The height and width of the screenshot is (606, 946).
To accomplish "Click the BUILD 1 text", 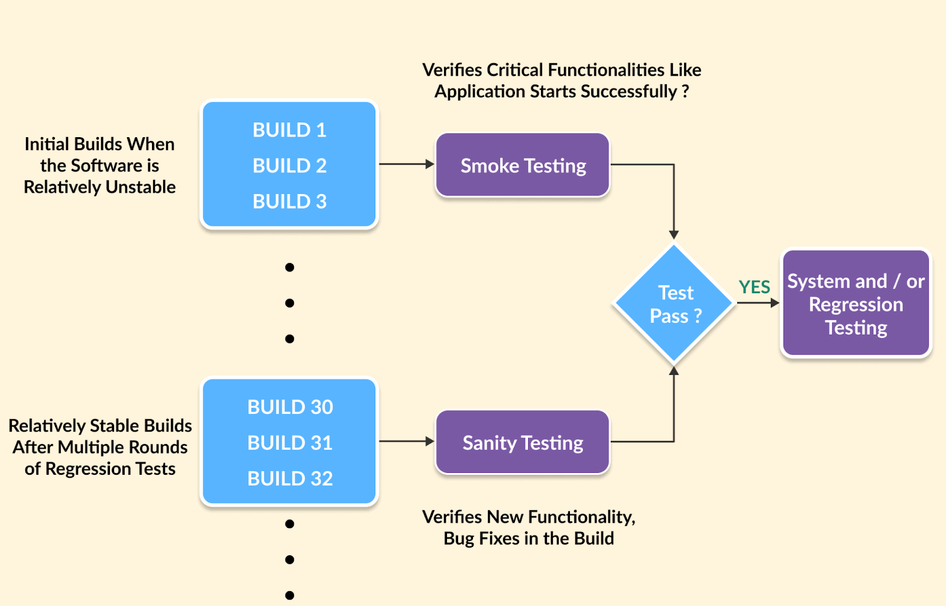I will coord(289,130).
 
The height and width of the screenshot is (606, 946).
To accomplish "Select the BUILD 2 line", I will coord(289,166).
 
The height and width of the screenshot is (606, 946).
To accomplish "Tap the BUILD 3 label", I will coord(289,202).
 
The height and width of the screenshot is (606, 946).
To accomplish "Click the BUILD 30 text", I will coord(290,407).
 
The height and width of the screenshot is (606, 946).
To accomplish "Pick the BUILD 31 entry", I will coord(290,443).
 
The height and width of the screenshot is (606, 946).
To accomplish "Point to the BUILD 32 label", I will coord(290,478).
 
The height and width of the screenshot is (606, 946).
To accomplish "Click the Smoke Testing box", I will coord(523,166).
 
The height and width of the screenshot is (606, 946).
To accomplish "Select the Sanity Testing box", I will coord(523,443).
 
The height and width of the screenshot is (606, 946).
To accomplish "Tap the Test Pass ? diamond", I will coord(674,304).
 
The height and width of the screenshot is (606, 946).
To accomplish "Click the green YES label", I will coord(754,287).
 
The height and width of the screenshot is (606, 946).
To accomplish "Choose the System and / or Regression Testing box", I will coord(856,304).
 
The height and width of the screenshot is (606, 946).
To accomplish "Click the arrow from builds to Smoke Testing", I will coord(406,164).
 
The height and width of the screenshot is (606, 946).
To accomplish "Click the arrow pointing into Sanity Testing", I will coord(406,441).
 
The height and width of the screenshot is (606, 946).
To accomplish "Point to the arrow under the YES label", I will coord(758,303).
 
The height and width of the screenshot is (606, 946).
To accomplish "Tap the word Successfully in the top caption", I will coord(628,92).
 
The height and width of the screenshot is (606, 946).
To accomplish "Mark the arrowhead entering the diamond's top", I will coord(674,235).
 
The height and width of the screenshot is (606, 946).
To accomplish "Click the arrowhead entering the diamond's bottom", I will coord(674,371).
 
